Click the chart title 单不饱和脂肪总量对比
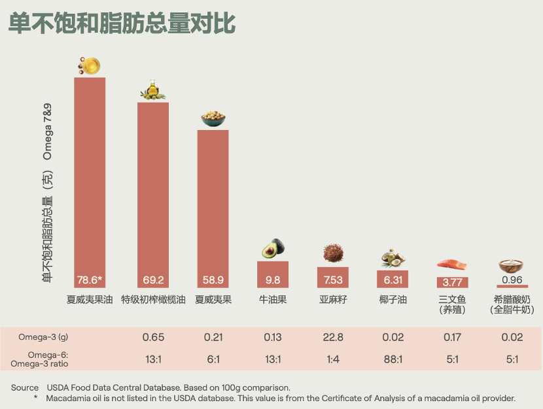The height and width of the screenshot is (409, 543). [x=122, y=24]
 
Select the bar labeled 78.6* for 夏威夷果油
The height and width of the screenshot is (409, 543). [x=90, y=183]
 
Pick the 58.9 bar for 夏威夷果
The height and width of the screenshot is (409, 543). [x=213, y=209]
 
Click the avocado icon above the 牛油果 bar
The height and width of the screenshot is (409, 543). [x=273, y=249]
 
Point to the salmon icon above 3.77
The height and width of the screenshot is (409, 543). [x=452, y=265]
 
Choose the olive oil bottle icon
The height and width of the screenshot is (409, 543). [x=152, y=90]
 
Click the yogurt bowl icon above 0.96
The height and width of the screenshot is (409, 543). [x=512, y=266]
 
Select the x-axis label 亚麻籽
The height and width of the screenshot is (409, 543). [x=333, y=300]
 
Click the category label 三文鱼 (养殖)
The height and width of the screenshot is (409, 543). [x=452, y=304]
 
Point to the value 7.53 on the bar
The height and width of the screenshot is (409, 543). [x=333, y=280]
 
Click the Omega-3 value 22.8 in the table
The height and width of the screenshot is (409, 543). [x=333, y=337]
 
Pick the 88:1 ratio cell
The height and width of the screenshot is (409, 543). [x=393, y=359]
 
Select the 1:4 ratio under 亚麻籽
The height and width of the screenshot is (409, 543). [x=333, y=359]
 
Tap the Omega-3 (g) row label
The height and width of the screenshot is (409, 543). [x=43, y=337]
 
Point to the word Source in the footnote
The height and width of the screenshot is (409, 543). [x=25, y=387]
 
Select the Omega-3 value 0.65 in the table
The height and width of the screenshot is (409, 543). [x=153, y=337]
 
